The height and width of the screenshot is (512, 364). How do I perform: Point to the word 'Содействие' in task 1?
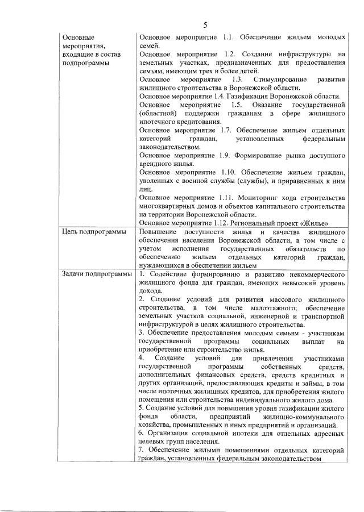[x=167, y=274]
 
